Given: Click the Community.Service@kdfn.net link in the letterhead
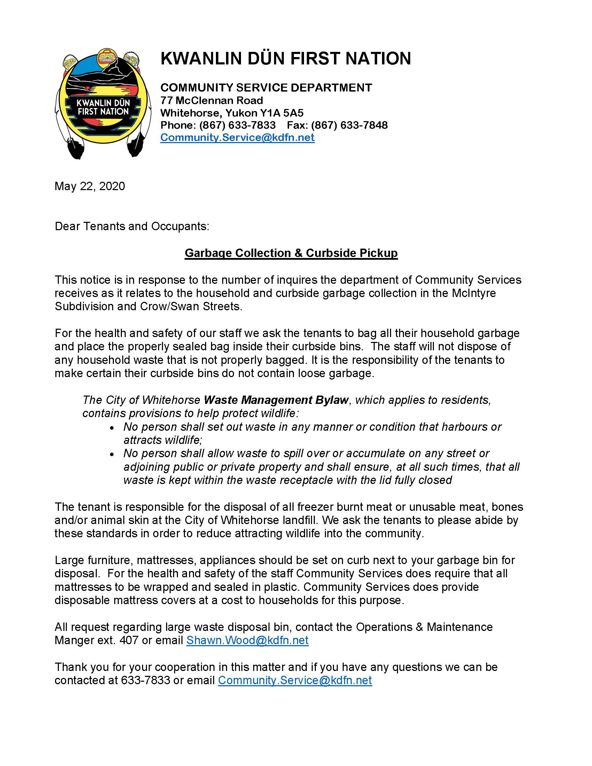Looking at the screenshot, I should (237, 137).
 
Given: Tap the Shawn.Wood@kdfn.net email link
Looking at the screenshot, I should (247, 640).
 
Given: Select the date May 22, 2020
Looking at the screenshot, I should (90, 186).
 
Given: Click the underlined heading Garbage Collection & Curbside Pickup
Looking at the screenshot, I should (291, 253).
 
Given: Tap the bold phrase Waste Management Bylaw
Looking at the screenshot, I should (276, 400).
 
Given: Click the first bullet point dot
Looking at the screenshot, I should (112, 428).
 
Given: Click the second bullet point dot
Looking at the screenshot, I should (112, 455).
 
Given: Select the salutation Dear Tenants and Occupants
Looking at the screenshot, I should (132, 226).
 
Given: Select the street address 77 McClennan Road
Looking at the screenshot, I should (211, 100).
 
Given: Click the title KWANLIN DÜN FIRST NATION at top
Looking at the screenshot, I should (286, 58).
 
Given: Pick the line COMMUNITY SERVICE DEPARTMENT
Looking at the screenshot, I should (266, 87).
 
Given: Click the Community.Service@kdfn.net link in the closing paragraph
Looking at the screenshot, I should (295, 680).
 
